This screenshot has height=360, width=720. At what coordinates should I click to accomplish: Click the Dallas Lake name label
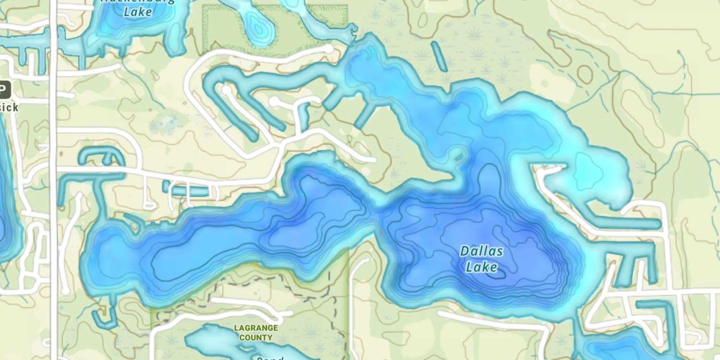481,258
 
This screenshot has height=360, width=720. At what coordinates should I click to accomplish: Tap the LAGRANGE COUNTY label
256,333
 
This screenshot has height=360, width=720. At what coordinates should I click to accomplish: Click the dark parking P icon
4,90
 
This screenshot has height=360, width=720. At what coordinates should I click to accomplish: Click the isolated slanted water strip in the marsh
439,56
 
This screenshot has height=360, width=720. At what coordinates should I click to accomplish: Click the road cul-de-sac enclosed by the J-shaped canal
226,90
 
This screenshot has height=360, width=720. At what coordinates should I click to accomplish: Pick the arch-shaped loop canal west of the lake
101,156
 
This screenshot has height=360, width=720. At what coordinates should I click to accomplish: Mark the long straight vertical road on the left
53,192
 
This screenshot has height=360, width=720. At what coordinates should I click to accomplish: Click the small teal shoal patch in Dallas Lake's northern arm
458,155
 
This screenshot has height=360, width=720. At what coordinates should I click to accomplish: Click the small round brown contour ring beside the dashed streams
585,74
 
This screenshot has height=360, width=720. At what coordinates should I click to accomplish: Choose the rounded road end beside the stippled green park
328,49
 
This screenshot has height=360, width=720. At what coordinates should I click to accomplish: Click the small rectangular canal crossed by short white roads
190,191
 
